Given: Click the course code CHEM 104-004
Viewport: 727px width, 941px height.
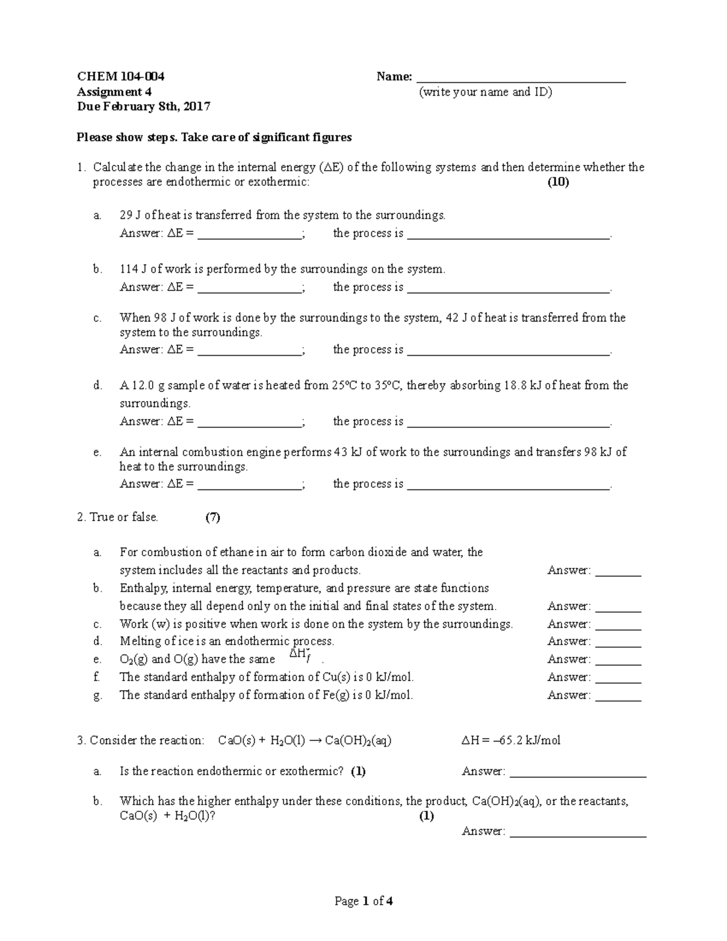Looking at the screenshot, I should tap(120, 76).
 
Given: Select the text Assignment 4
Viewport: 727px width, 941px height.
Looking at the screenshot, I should tap(114, 91).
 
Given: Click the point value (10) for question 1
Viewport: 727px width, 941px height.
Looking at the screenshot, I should tap(558, 182).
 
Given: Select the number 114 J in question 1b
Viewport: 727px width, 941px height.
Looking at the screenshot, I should tap(133, 269).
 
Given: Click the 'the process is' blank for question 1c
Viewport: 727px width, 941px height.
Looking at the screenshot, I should tap(508, 351).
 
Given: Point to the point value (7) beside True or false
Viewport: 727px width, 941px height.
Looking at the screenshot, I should tap(212, 517).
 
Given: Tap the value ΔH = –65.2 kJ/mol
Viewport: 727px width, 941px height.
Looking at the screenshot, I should tap(511, 740).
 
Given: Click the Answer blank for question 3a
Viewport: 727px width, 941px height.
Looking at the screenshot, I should tap(578, 773).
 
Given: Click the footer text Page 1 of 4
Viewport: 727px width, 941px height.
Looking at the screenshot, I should tap(363, 901).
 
